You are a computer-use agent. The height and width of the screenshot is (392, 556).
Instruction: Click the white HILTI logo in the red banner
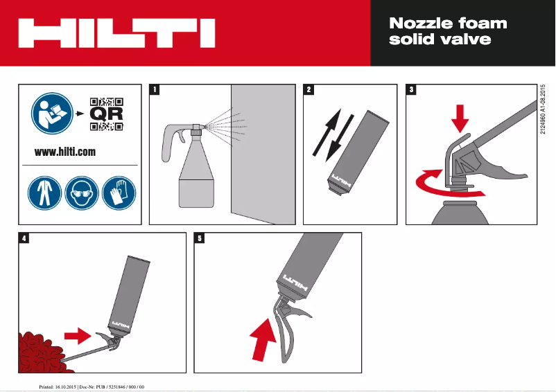(116, 33)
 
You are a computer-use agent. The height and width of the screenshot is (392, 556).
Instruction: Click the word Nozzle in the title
(419, 23)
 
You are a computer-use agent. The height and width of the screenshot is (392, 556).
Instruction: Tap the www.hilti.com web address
(65, 152)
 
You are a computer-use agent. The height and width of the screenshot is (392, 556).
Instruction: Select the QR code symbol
(107, 114)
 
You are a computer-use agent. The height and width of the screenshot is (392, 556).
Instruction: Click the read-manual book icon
(50, 113)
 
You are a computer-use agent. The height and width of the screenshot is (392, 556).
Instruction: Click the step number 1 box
(155, 89)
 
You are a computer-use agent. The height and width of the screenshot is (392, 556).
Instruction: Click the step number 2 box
(309, 89)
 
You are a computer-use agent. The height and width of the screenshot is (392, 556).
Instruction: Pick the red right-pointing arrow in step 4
(77, 336)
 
